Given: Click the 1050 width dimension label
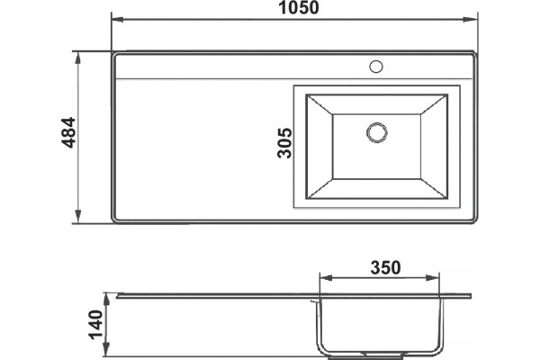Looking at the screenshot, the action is click(x=298, y=7).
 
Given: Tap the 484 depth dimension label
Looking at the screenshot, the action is click(x=68, y=132).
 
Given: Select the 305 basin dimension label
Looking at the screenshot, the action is click(x=284, y=143).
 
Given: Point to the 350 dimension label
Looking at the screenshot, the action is click(x=386, y=267).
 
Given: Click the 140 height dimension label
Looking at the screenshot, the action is click(x=95, y=325).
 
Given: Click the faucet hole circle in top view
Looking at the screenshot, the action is click(x=376, y=67).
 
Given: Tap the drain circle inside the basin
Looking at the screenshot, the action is click(x=377, y=132).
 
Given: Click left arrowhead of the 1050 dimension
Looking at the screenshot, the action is click(x=117, y=19).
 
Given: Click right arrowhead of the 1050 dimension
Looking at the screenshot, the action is click(x=470, y=19).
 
